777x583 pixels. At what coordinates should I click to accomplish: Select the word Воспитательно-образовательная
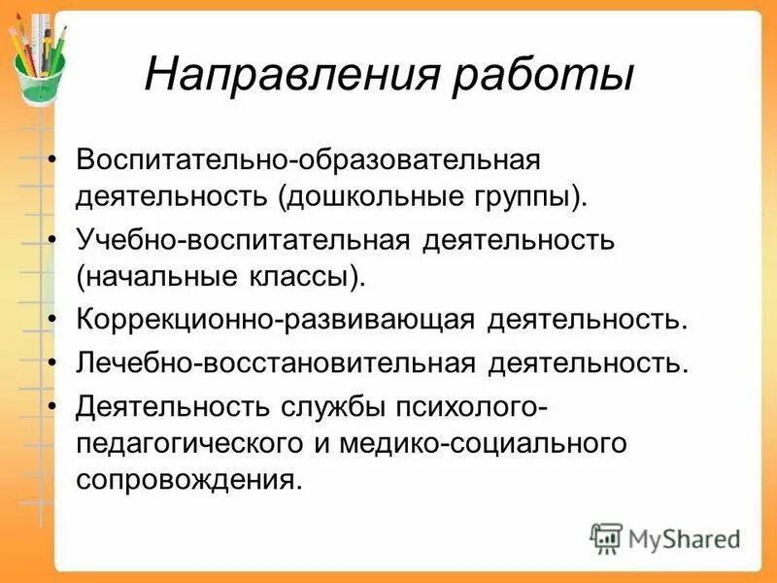click(x=308, y=157)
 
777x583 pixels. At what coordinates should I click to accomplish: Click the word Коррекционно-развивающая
click(x=275, y=320)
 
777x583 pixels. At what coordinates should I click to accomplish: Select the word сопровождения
click(x=184, y=482)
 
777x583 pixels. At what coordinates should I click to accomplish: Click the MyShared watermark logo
click(x=665, y=537)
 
